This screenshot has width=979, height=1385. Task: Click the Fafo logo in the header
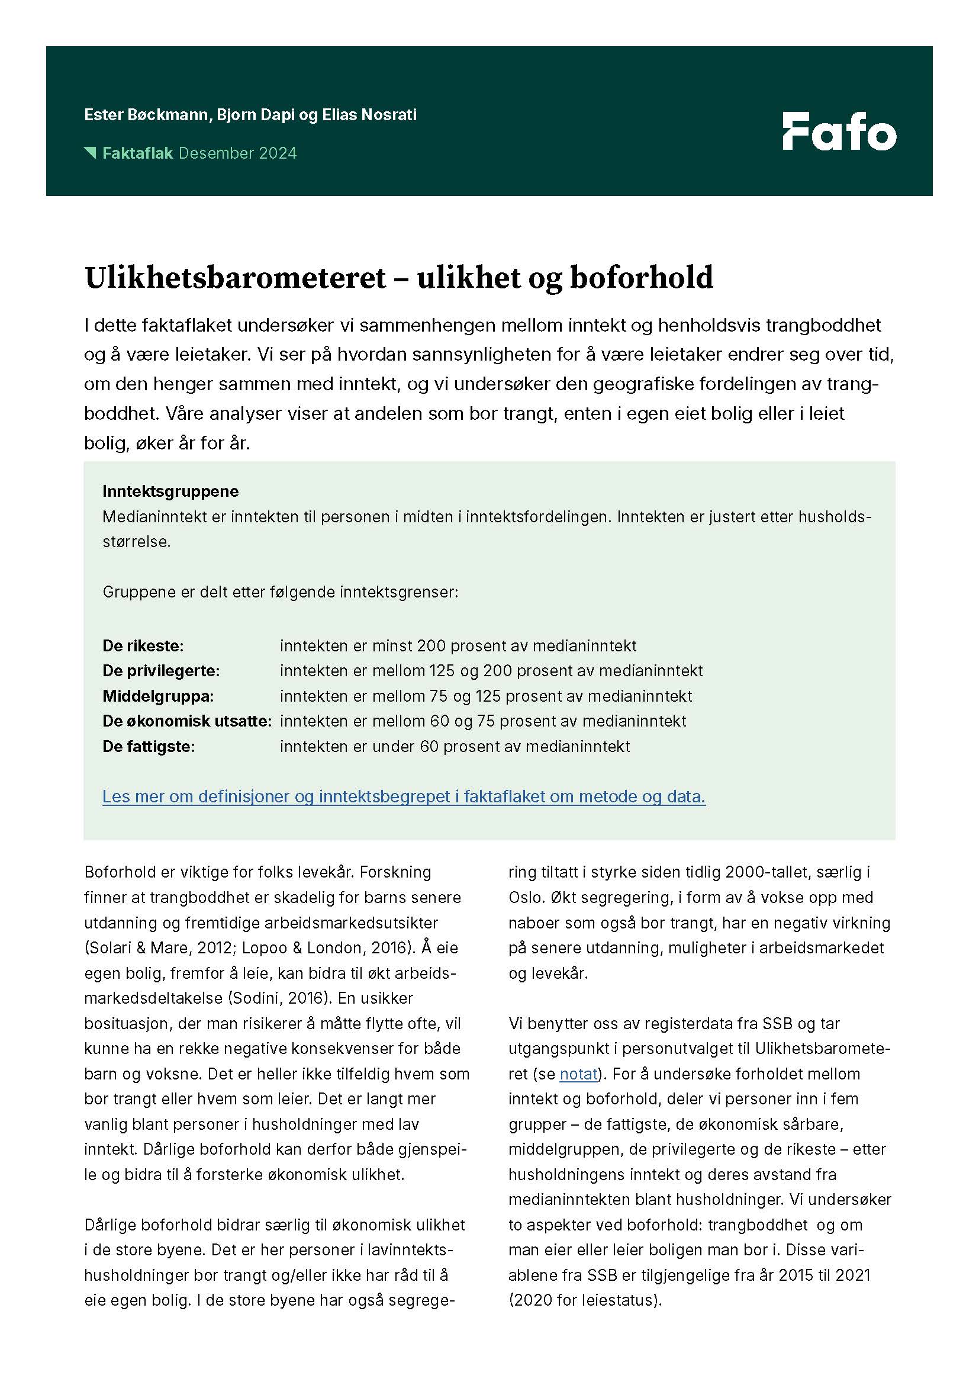pos(839,131)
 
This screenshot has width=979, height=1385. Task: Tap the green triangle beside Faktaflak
pos(91,153)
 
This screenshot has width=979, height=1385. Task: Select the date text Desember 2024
pos(237,153)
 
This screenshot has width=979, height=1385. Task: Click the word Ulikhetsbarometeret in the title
pos(235,278)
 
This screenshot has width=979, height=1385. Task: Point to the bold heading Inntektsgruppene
pos(170,491)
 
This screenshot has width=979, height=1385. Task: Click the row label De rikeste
pos(143,645)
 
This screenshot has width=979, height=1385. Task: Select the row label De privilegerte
pos(161,670)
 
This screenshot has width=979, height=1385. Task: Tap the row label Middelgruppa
pos(158,696)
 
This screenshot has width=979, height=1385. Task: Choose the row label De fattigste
pos(149,746)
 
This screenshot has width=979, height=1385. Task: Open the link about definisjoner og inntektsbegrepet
pos(404,796)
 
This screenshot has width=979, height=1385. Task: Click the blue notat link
pos(578,1074)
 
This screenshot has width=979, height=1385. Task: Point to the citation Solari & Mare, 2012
pos(159,947)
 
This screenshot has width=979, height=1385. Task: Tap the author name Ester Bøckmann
pos(146,115)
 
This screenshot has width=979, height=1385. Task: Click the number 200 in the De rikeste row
pos(431,645)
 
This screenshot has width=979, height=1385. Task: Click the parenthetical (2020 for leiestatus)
pos(585,1300)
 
